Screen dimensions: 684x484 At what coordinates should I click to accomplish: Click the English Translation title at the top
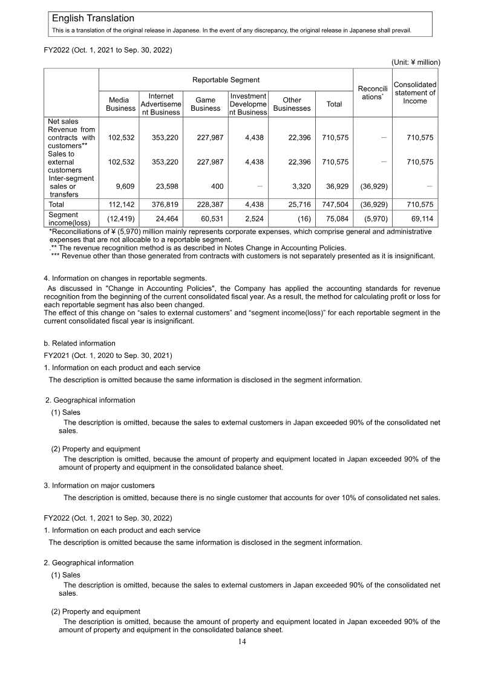(93, 19)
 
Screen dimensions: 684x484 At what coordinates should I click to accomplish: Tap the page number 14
(242, 642)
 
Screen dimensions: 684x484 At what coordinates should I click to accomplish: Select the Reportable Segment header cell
(226, 80)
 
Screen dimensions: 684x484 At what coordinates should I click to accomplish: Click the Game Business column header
(205, 104)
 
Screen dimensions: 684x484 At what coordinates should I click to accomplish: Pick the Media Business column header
(120, 104)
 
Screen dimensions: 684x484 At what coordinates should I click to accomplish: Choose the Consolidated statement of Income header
(415, 93)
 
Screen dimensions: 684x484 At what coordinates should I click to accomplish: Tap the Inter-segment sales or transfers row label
(71, 186)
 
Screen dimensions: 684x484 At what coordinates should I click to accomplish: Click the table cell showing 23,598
(165, 186)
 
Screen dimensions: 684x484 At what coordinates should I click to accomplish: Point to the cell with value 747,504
(334, 204)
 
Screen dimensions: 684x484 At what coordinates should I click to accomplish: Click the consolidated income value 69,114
(420, 218)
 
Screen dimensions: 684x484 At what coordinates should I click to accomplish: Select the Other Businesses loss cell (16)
(304, 218)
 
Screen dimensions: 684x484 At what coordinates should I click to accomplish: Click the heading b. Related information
(80, 344)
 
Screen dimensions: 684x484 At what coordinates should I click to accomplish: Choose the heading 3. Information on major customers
(99, 486)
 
